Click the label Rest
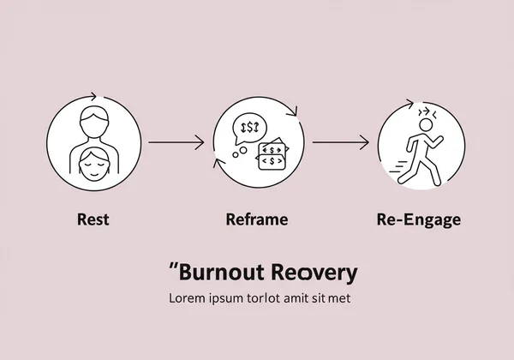[93, 219]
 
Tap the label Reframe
[256, 219]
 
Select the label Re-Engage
[419, 219]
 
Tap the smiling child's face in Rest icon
[93, 160]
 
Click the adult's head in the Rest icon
[93, 117]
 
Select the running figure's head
[426, 126]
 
